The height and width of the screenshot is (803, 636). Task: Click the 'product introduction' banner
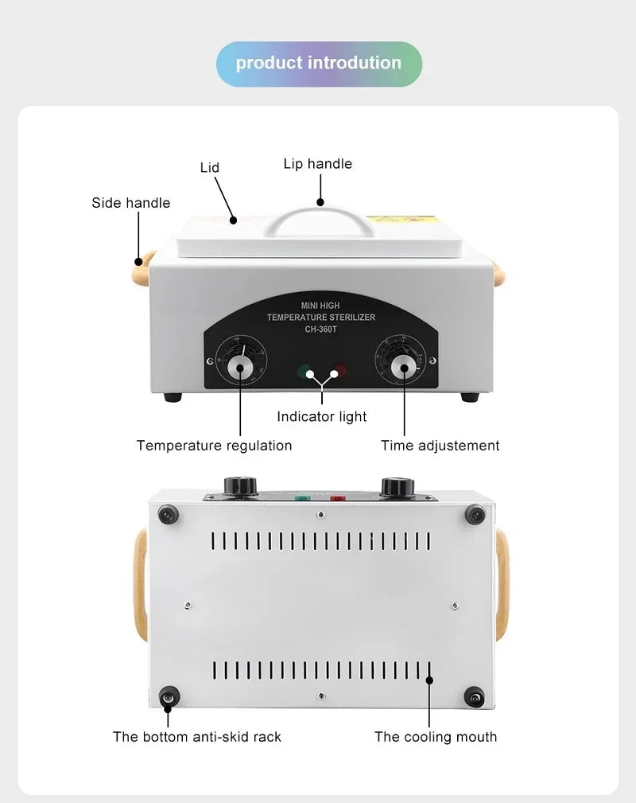coord(319,64)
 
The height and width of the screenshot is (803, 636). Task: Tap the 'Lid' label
coord(210,167)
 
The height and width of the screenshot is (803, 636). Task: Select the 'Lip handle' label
coord(317,164)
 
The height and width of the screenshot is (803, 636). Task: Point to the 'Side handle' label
coord(130,203)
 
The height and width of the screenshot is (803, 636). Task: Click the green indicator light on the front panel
coord(304,371)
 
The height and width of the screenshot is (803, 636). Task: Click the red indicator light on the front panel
coord(339,371)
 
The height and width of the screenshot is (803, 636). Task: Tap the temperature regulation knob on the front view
coord(239,367)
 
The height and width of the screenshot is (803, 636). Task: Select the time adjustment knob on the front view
coord(404,367)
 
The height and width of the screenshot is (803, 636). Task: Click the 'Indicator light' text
coord(322,416)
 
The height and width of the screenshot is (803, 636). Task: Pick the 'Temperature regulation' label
coord(214,446)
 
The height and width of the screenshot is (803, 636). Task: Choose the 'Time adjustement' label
coord(440,446)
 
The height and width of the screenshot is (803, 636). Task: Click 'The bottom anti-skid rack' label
coord(197,736)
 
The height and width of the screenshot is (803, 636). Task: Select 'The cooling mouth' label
coord(436,737)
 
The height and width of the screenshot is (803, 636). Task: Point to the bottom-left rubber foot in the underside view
coord(167,696)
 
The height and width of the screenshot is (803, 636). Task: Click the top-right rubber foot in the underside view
coord(475,515)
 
